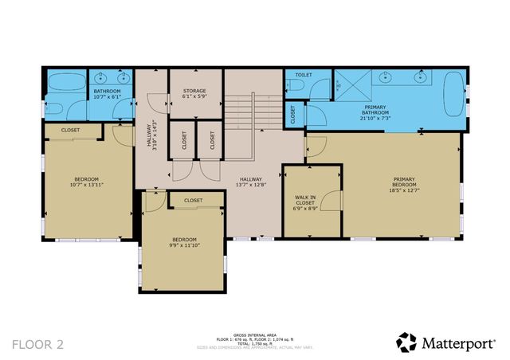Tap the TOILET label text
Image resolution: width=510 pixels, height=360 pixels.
pos(304,75)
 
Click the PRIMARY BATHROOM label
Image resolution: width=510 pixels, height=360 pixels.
pos(376,110)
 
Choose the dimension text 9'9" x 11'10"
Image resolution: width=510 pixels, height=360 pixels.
pos(185,245)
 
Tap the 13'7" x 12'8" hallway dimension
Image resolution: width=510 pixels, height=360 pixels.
pos(252,185)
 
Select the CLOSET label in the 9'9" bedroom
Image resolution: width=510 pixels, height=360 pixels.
pos(193,201)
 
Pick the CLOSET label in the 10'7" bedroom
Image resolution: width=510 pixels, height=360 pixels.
pos(70,130)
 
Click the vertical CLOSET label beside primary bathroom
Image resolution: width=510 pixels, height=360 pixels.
pos(292,115)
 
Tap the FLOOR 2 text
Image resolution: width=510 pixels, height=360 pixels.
pos(37,343)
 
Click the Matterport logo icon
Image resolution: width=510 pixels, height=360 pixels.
pos(406,342)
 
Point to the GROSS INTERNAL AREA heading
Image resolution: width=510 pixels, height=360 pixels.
pos(255,335)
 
